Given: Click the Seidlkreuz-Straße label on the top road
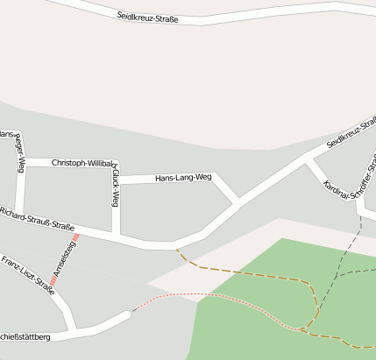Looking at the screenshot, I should click(153, 17).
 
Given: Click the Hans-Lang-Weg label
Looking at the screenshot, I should click(183, 178).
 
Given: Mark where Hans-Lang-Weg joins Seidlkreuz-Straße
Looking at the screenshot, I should click(238, 202).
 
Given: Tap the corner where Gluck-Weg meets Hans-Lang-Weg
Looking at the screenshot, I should click(116, 180).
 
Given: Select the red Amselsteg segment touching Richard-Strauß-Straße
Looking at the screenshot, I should click(77, 236).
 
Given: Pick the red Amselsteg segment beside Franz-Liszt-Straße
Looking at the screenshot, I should click(53, 280).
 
